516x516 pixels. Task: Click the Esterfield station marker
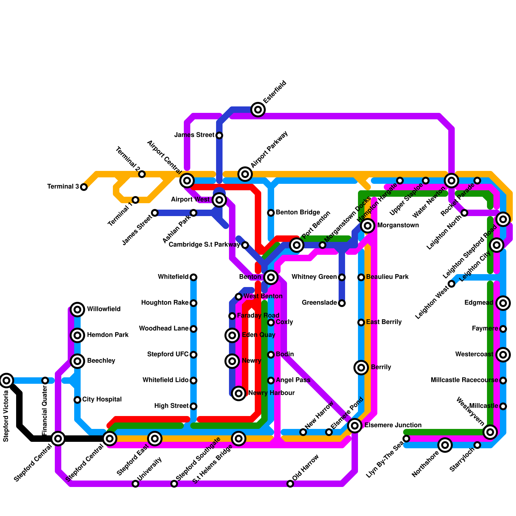click(x=258, y=110)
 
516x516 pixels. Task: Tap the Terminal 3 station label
click(x=63, y=187)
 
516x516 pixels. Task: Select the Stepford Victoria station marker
click(x=6, y=381)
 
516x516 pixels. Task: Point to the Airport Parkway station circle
click(x=245, y=174)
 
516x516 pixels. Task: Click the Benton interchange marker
click(x=271, y=277)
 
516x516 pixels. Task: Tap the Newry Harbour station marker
click(x=239, y=393)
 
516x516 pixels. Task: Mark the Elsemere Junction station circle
click(x=355, y=426)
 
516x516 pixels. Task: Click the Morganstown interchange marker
click(x=368, y=226)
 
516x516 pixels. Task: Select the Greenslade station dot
click(x=342, y=303)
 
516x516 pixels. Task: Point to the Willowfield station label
click(x=104, y=309)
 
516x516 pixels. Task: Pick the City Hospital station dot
click(x=77, y=400)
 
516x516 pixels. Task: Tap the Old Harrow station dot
click(x=290, y=484)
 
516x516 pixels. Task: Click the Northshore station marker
click(x=445, y=445)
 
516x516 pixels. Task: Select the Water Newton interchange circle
click(x=451, y=181)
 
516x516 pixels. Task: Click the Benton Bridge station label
click(x=298, y=213)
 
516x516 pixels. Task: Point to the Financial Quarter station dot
click(x=45, y=381)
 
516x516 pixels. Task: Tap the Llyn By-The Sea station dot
click(x=406, y=439)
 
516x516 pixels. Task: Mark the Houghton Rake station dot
click(x=193, y=303)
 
